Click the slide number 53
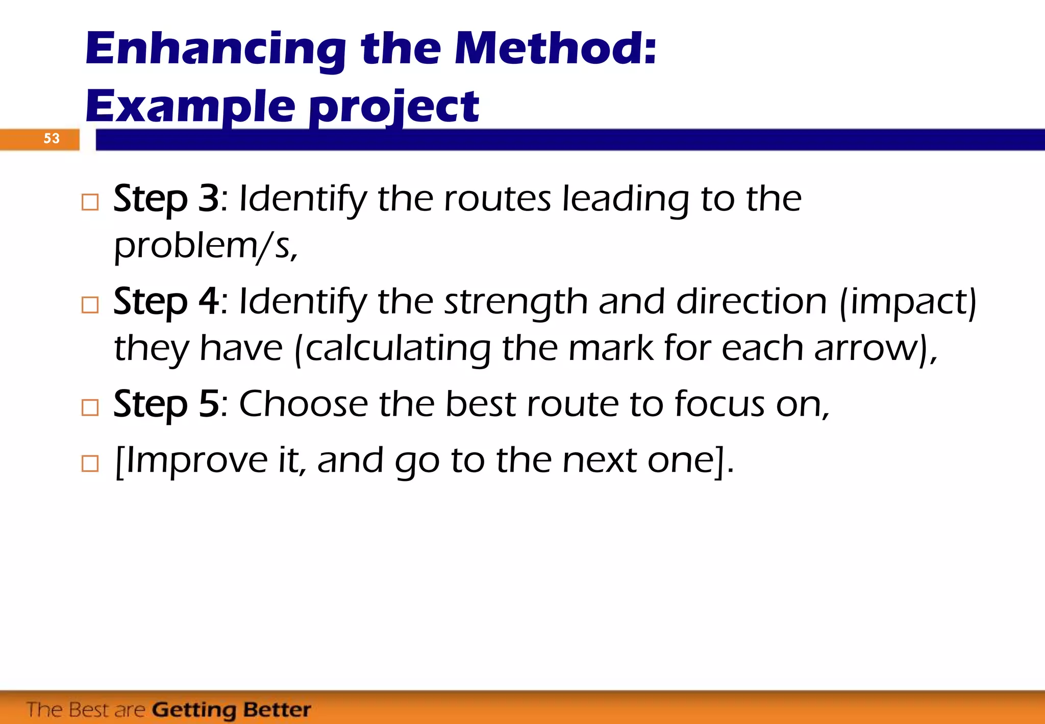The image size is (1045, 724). click(x=51, y=138)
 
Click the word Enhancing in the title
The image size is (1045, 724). click(x=215, y=50)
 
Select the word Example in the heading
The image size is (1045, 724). click(x=190, y=107)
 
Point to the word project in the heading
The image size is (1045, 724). click(x=394, y=107)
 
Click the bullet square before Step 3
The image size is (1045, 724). click(x=90, y=202)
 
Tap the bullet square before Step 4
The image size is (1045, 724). click(x=90, y=305)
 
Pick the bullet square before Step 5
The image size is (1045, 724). click(x=90, y=407)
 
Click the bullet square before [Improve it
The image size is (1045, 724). click(x=90, y=463)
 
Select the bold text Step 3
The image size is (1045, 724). click(x=166, y=199)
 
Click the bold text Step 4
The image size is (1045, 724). click(x=166, y=301)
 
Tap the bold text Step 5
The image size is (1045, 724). click(x=166, y=404)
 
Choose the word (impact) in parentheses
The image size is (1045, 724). click(x=907, y=302)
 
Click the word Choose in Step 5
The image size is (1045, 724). click(x=303, y=404)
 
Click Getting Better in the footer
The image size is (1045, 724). click(x=231, y=710)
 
